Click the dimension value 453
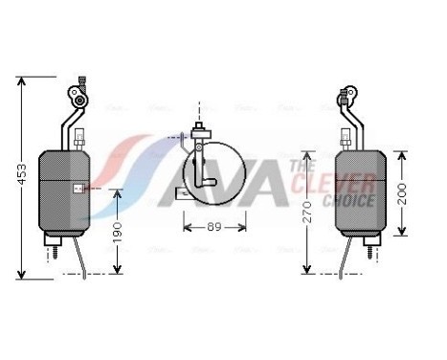[22, 174]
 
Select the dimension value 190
[118, 232]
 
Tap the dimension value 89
[214, 227]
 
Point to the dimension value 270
[306, 212]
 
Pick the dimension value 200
[402, 194]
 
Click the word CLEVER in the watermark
[333, 183]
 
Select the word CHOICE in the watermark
[348, 201]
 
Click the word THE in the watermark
[302, 166]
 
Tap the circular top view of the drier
[214, 173]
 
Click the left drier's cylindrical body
[64, 191]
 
